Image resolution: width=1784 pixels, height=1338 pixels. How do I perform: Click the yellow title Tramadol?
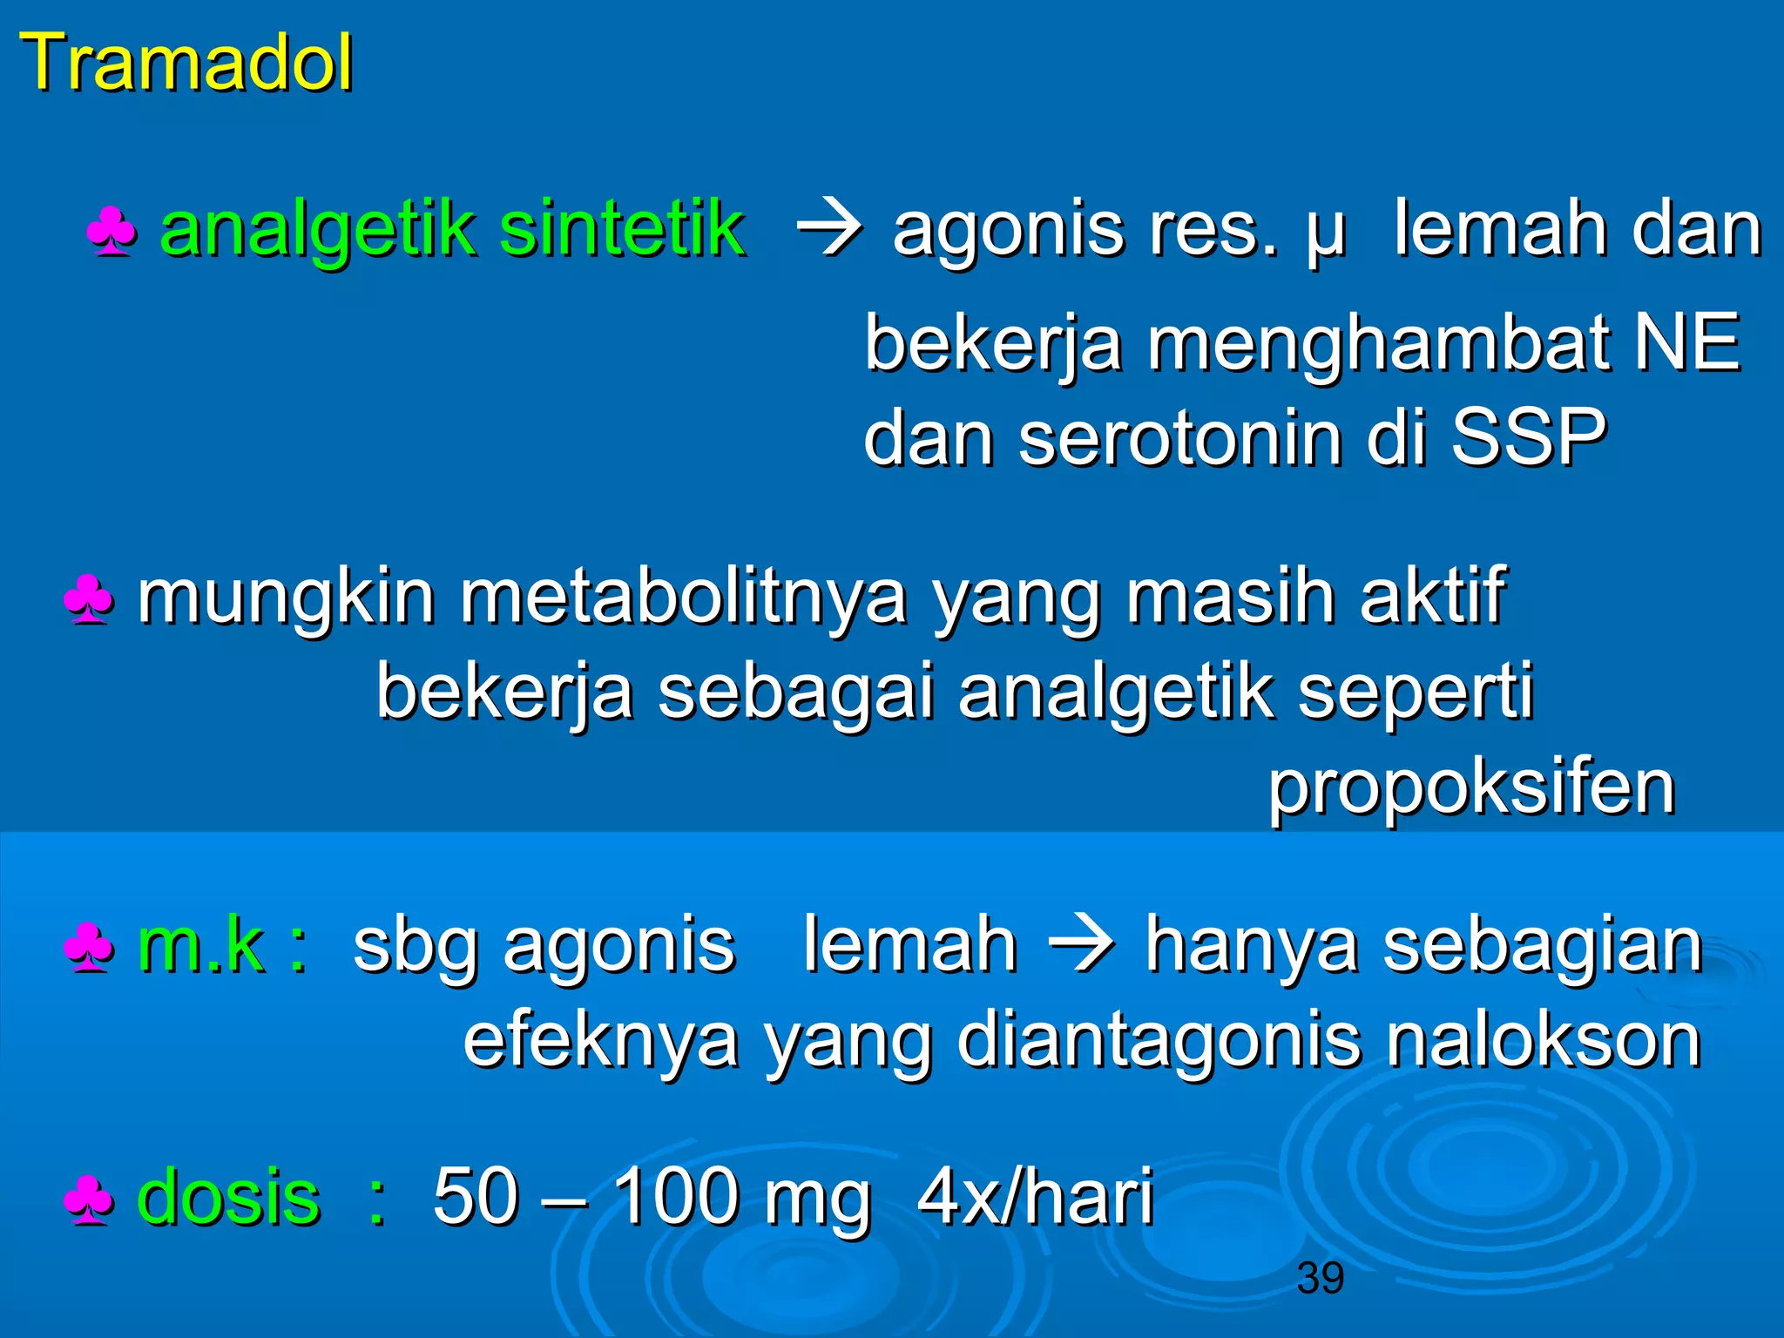click(x=186, y=63)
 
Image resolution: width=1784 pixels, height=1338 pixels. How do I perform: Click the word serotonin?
click(x=1180, y=437)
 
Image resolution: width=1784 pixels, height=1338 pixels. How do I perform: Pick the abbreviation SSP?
click(x=1529, y=437)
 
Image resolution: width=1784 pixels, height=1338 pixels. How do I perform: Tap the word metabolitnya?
click(x=684, y=598)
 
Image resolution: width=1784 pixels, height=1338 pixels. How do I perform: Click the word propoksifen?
click(x=1471, y=787)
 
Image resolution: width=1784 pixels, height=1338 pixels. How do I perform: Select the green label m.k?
click(x=201, y=945)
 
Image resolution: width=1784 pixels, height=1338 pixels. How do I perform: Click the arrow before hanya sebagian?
click(x=1081, y=945)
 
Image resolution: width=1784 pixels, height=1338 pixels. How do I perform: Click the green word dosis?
click(x=228, y=1197)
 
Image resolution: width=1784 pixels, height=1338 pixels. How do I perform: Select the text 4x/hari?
click(x=1036, y=1197)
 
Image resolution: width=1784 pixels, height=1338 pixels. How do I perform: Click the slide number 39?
click(x=1320, y=1278)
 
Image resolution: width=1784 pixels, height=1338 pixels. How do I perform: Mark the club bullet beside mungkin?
click(x=89, y=600)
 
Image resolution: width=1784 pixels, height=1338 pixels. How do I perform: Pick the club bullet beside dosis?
click(x=89, y=1201)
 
